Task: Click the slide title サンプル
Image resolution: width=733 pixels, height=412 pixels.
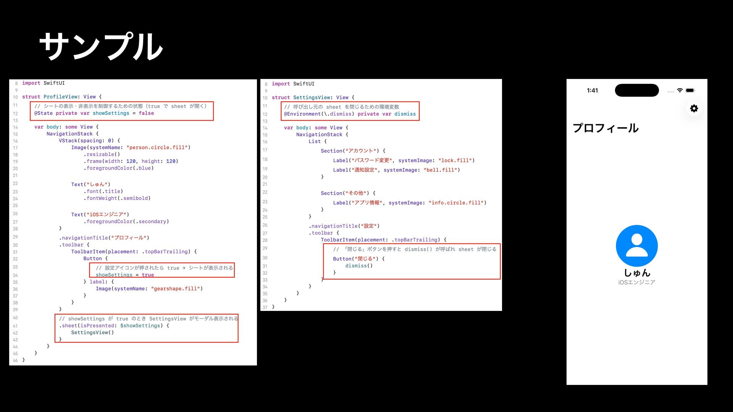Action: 101,46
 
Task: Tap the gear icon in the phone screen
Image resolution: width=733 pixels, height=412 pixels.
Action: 694,108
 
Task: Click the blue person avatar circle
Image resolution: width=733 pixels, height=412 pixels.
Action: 636,246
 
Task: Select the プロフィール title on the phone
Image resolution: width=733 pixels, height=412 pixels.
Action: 605,128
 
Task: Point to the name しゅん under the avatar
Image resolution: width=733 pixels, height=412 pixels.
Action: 637,273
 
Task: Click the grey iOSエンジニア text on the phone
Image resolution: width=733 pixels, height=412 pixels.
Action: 636,282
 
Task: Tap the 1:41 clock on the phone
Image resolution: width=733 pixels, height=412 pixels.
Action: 592,90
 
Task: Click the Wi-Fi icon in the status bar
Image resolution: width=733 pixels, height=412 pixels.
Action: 680,90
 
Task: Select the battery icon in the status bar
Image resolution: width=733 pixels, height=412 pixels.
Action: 690,90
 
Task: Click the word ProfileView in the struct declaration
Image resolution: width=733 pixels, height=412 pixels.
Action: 60,97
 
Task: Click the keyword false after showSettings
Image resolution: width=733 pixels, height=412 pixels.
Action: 146,113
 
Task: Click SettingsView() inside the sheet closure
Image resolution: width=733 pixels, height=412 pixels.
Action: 92,333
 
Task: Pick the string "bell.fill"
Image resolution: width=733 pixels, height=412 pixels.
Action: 440,170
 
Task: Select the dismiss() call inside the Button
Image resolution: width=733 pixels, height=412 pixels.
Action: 359,266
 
